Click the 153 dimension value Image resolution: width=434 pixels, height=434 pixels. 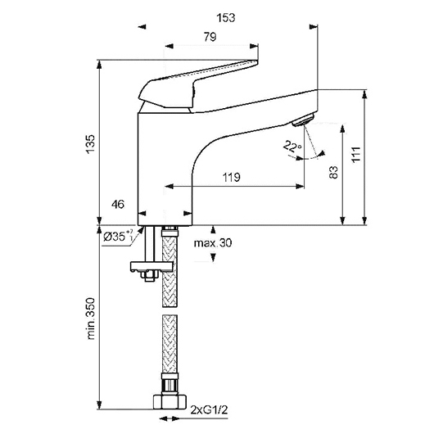[226, 18]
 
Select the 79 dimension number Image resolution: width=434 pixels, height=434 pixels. [210, 37]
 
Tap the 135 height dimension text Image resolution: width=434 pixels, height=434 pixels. [90, 144]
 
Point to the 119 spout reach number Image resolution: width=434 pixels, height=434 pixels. [232, 177]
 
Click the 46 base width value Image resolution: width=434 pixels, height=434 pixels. [118, 205]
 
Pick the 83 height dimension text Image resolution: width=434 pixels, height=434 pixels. [334, 172]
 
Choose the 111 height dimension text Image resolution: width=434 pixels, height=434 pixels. [356, 155]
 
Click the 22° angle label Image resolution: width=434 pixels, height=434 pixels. [292, 146]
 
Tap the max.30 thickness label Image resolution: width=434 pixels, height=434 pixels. [213, 243]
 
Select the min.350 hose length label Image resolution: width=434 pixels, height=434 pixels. [91, 319]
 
